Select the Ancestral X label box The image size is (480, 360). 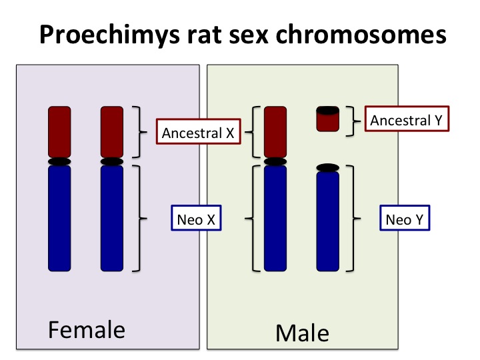(x=198, y=132)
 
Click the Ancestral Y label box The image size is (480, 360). (x=409, y=121)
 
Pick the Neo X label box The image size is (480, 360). (x=195, y=218)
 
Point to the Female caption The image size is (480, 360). (x=86, y=329)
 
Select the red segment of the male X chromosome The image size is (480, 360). (x=275, y=131)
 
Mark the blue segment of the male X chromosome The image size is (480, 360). (x=275, y=219)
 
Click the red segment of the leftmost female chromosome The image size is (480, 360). (x=59, y=131)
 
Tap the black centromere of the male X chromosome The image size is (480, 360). (x=275, y=161)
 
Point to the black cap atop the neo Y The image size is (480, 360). (x=328, y=167)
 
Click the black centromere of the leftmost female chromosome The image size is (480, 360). (x=59, y=161)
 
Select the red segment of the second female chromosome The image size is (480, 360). (x=112, y=131)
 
